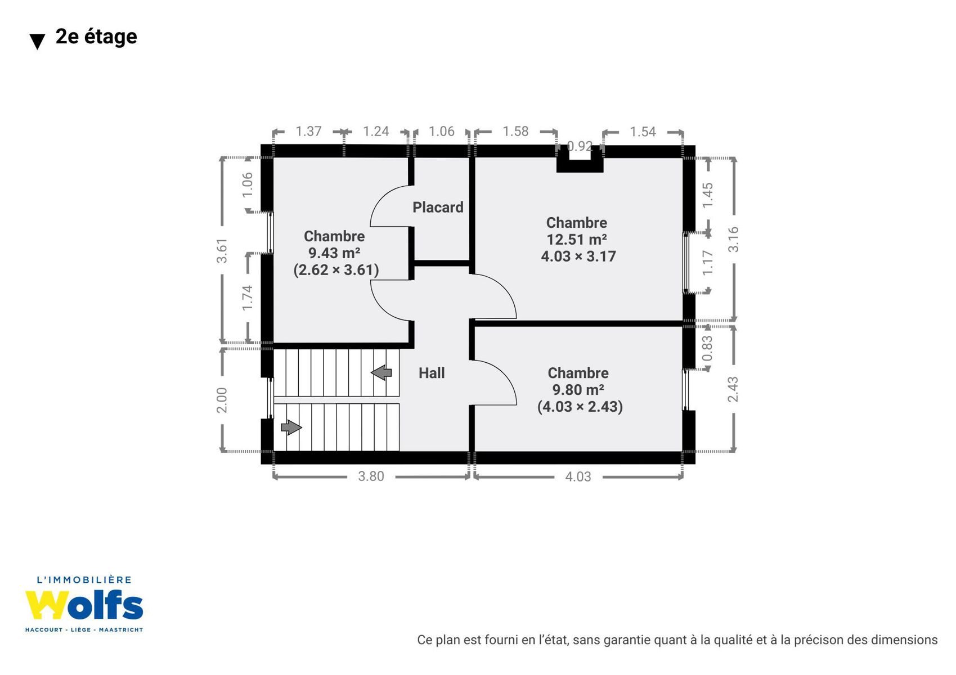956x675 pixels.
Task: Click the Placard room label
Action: [438, 208]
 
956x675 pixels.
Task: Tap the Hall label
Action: [432, 373]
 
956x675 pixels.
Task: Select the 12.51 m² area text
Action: [577, 240]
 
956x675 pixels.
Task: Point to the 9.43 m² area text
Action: [334, 253]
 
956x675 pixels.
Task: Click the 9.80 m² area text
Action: [578, 390]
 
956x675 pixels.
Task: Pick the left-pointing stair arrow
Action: [381, 372]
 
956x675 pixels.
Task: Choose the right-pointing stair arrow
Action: [291, 427]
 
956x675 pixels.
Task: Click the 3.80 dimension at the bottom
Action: [371, 476]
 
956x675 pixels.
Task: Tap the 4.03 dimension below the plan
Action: [578, 476]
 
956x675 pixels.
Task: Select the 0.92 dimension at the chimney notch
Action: [580, 146]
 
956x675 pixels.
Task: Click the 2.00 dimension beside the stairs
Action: [222, 400]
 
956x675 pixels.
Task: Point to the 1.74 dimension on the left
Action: [248, 298]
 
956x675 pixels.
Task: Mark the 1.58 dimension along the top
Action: [515, 132]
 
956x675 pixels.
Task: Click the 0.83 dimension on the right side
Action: [707, 349]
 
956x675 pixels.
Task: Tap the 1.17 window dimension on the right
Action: [707, 263]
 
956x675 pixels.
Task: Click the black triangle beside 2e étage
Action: [37, 42]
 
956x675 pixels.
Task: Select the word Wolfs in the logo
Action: [84, 605]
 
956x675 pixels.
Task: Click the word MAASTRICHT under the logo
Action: [121, 630]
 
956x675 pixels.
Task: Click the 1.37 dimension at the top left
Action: [308, 132]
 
